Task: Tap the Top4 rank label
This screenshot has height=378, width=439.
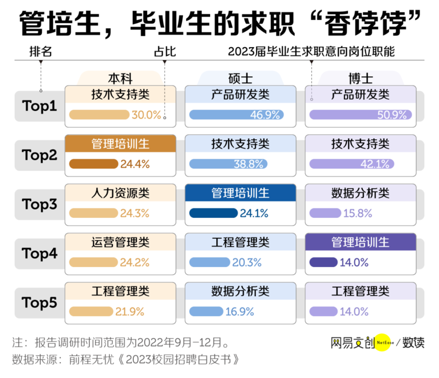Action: [40, 253]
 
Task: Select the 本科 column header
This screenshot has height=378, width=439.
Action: [120, 78]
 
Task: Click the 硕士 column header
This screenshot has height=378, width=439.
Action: [240, 78]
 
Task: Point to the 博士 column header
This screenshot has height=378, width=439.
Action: [360, 78]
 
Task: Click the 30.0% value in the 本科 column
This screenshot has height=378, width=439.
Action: [147, 115]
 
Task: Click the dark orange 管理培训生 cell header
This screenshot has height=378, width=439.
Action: [120, 144]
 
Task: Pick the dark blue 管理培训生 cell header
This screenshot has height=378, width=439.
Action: [240, 193]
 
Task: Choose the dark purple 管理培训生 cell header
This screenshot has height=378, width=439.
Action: [360, 242]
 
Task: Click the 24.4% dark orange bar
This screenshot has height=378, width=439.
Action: [94, 164]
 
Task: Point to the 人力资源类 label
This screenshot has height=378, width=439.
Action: [120, 193]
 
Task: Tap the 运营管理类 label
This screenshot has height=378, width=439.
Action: [120, 242]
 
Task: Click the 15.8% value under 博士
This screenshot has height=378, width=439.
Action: [358, 213]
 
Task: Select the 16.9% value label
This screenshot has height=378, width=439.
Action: [239, 312]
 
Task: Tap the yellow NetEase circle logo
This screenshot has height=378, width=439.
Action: [385, 343]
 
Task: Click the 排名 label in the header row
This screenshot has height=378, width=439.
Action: [41, 53]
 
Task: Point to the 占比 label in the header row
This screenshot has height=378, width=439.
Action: [165, 53]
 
